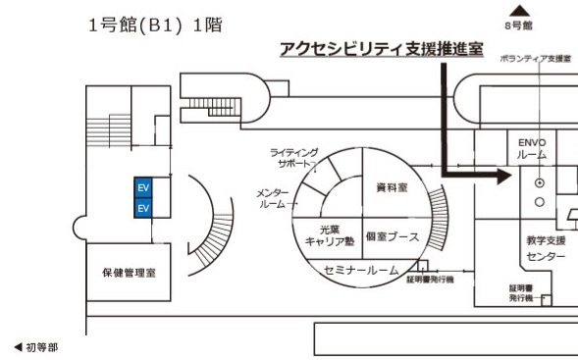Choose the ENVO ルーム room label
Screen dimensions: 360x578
tap(531, 147)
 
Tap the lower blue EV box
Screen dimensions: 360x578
tap(143, 208)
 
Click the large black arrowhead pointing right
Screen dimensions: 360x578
tap(502, 178)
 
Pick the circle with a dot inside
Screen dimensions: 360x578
tap(538, 182)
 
